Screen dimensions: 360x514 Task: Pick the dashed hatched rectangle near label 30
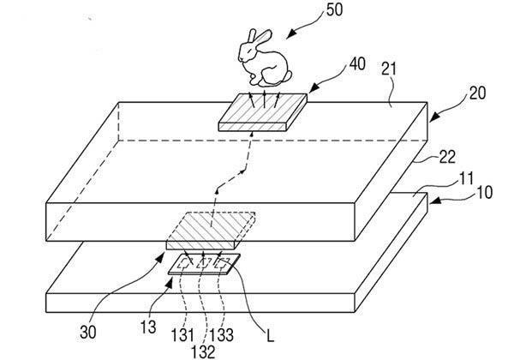[x=210, y=227]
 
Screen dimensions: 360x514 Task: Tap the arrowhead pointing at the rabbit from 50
[x=289, y=33]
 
